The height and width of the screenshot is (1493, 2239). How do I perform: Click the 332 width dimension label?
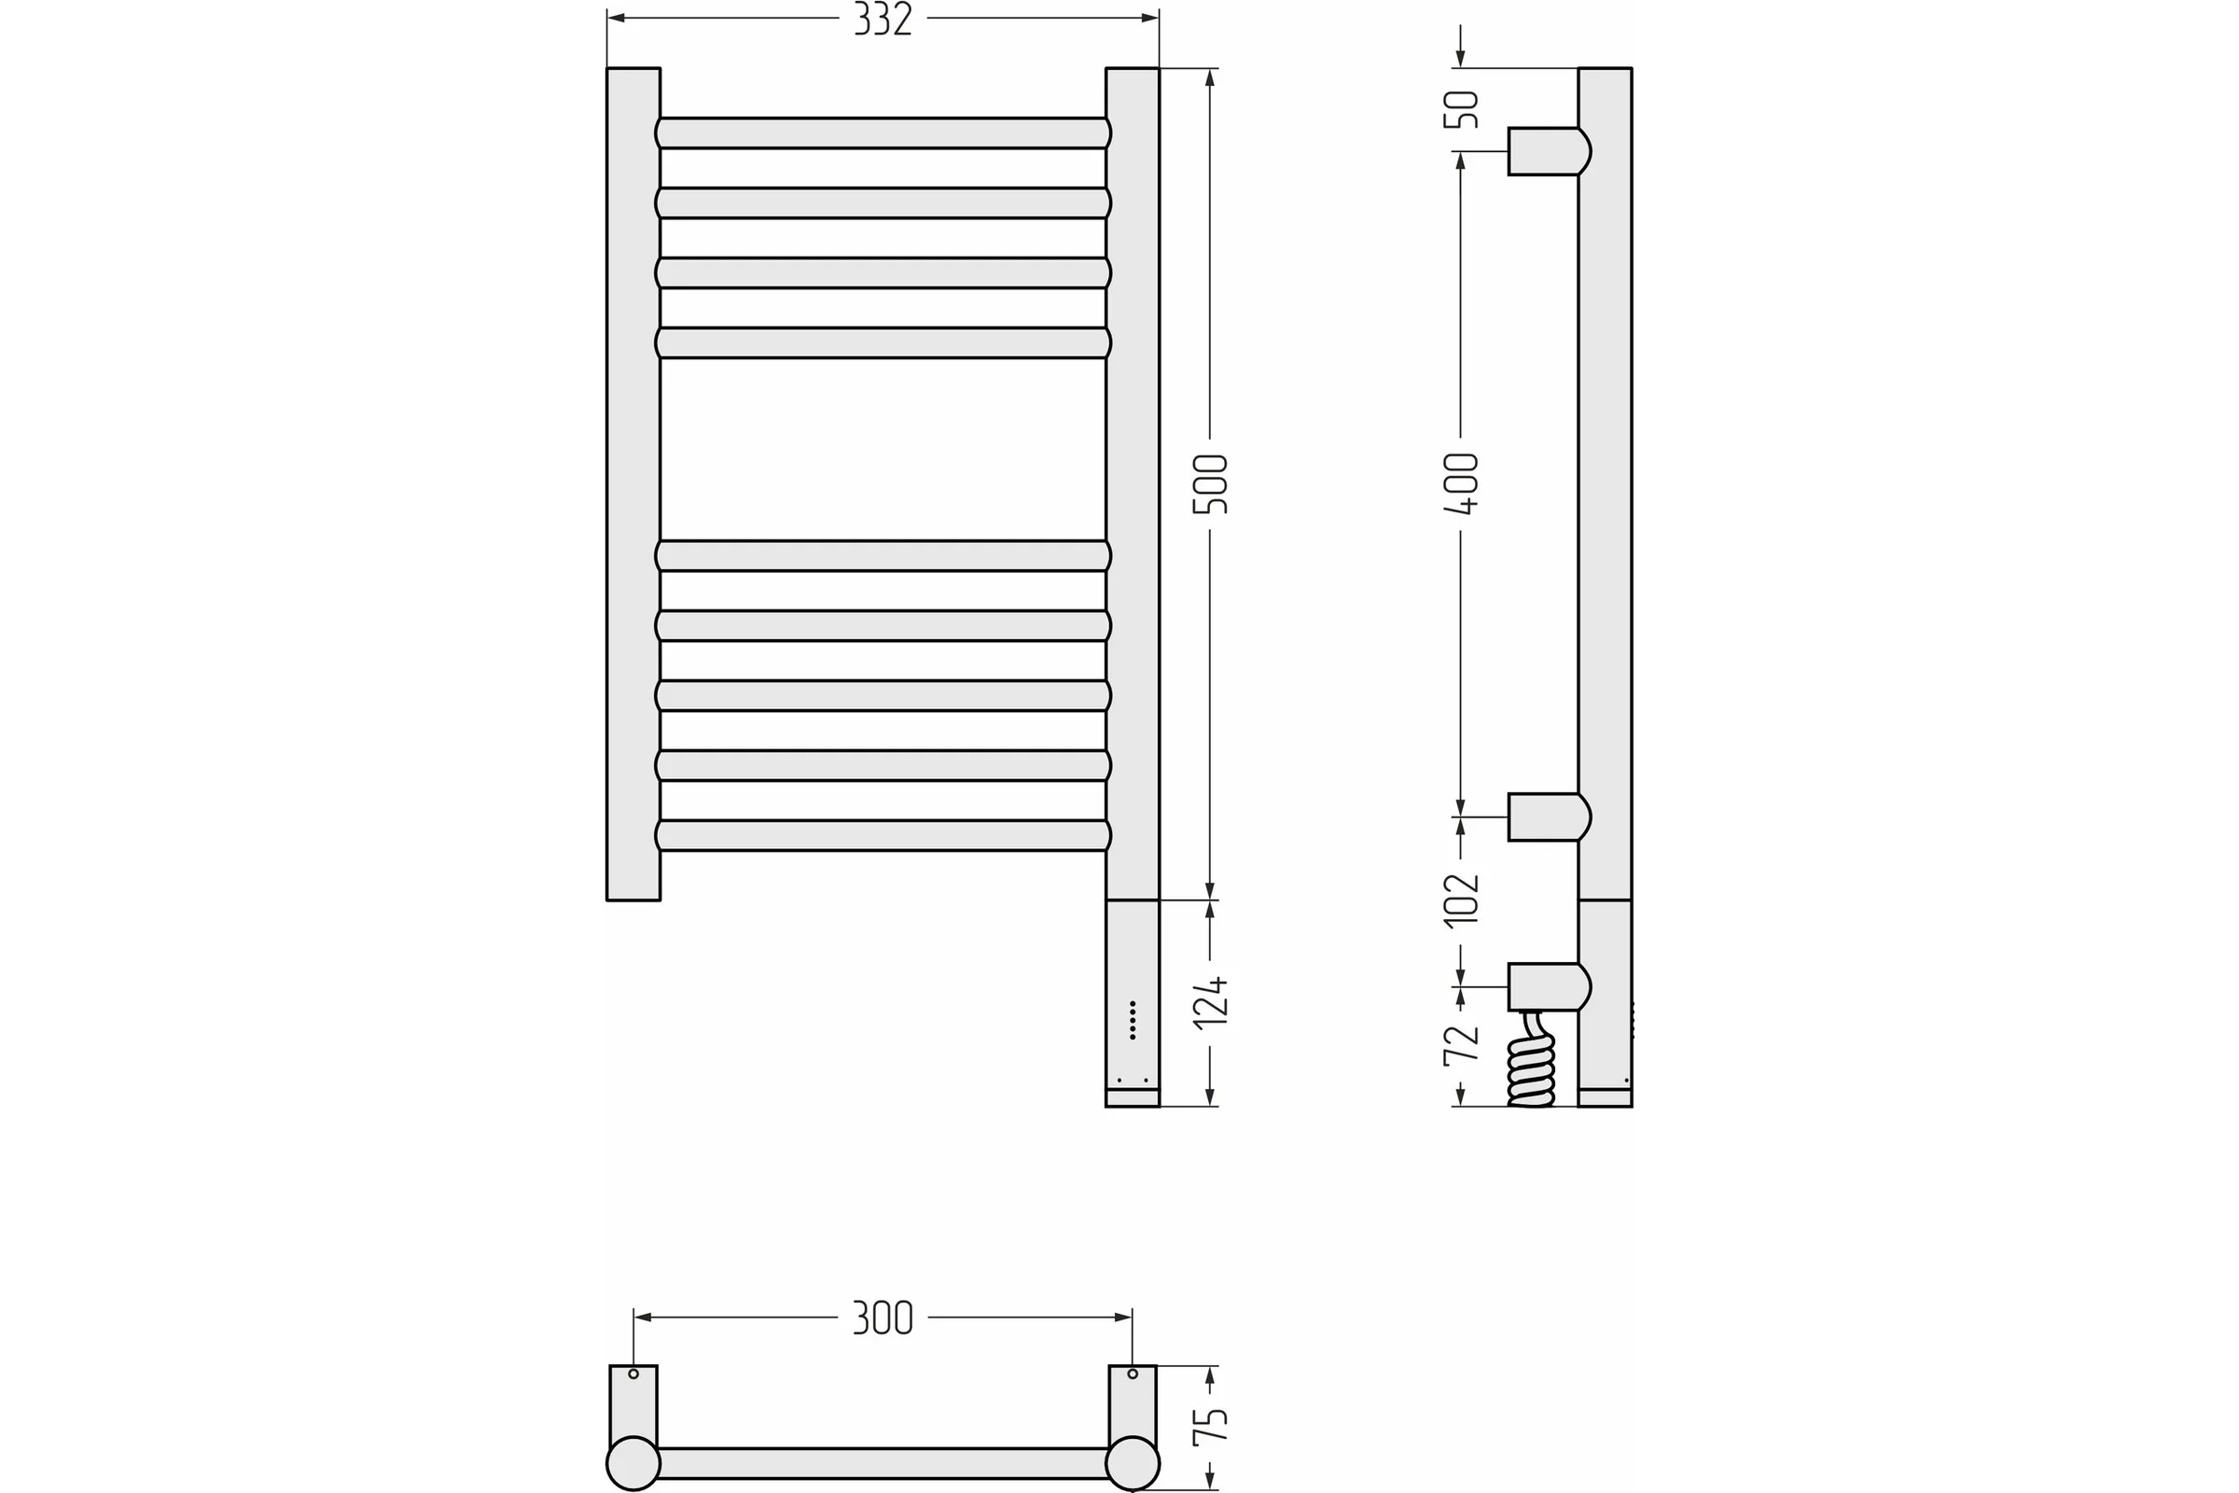pyautogui.click(x=883, y=19)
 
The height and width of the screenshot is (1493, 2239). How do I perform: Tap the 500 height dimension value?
pyautogui.click(x=1211, y=483)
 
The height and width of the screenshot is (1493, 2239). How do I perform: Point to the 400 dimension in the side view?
pyautogui.click(x=1461, y=483)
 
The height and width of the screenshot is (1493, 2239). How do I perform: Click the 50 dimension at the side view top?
pyautogui.click(x=1461, y=108)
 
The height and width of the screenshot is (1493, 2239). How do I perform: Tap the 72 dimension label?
pyautogui.click(x=1461, y=1044)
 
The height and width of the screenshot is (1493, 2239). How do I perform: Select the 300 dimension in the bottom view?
pyautogui.click(x=883, y=1318)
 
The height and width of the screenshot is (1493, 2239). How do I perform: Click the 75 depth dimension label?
pyautogui.click(x=1211, y=1426)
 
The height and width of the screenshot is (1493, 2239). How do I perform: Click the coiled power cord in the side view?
pyautogui.click(x=1532, y=1059)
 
